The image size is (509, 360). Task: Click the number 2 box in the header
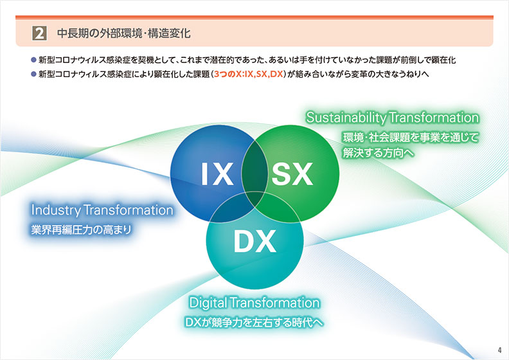coord(39,33)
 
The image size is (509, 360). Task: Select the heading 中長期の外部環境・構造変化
coord(123,33)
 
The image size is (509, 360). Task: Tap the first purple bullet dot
coord(33,60)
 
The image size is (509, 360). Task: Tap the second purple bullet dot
coord(33,74)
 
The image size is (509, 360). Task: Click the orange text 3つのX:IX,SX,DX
coord(248,74)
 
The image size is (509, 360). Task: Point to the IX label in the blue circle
coord(217,174)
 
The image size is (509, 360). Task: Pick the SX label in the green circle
coord(292,174)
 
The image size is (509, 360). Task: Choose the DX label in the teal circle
coord(255,241)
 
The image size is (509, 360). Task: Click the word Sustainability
coord(346,118)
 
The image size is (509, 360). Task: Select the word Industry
coord(56,210)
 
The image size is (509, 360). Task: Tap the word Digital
coord(208,303)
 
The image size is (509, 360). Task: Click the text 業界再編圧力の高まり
coord(81,230)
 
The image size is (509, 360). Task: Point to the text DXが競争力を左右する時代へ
coord(254,322)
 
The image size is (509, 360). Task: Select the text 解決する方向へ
coord(379,152)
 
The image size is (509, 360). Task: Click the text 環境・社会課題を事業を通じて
coord(411,138)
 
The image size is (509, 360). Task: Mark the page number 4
coord(499,350)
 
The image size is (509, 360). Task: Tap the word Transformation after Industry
coord(129,210)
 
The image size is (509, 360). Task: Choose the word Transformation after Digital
coord(275,303)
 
